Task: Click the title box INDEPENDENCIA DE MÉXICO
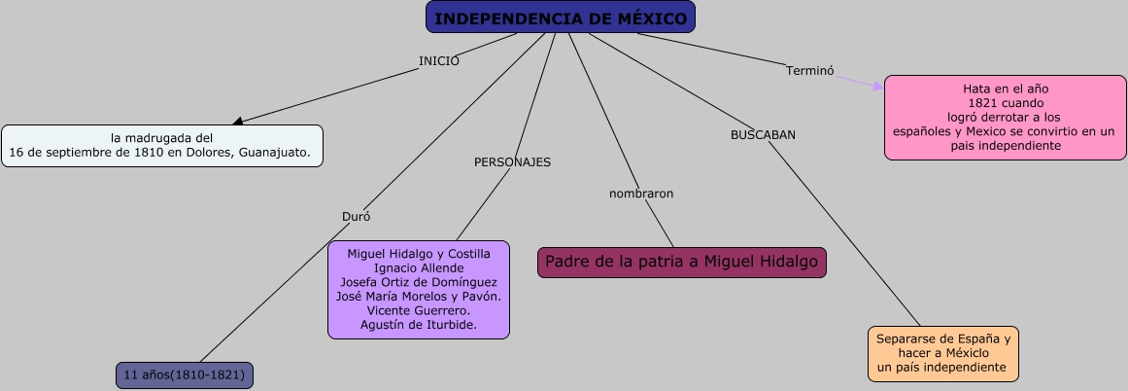click(x=561, y=18)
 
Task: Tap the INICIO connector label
click(x=439, y=61)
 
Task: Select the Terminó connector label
click(x=809, y=70)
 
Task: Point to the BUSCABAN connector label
click(x=763, y=135)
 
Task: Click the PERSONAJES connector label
click(x=512, y=162)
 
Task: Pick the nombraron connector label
click(x=641, y=194)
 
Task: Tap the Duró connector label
click(x=356, y=216)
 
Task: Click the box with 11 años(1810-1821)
click(x=184, y=375)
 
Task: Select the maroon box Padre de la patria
click(x=682, y=262)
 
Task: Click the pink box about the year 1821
click(x=1005, y=117)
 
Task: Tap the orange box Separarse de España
click(x=943, y=354)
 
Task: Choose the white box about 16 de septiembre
click(x=161, y=146)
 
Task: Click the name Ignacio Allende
click(x=419, y=268)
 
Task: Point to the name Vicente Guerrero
click(x=419, y=310)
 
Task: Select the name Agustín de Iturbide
click(x=419, y=325)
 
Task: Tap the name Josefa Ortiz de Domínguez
click(x=419, y=282)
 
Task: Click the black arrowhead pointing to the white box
click(x=237, y=122)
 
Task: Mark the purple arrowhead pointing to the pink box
click(x=877, y=87)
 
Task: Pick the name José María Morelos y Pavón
click(x=419, y=297)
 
